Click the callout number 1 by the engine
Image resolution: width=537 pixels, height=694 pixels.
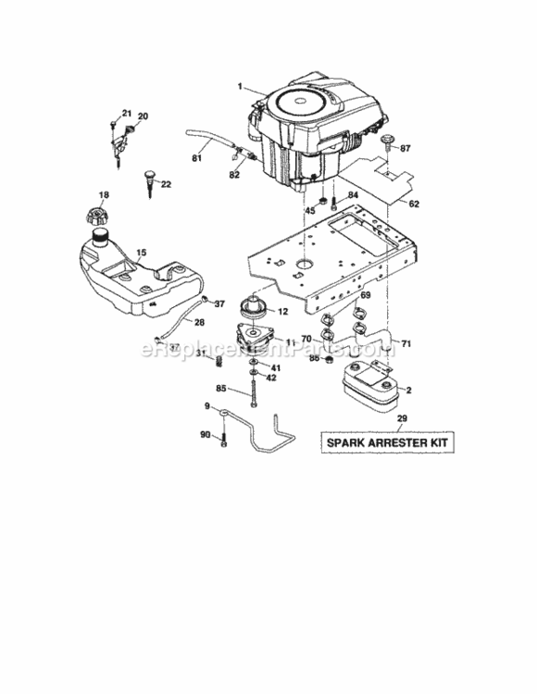coord(239,87)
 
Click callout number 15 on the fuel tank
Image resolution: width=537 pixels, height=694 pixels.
coord(141,252)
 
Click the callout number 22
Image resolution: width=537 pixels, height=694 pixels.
coord(167,184)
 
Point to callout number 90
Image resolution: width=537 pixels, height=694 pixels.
coord(205,434)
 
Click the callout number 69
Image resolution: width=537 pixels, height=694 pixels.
coord(365,295)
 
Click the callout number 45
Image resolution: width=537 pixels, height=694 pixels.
coord(310,210)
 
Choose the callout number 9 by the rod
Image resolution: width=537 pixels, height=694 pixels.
coord(207,404)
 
